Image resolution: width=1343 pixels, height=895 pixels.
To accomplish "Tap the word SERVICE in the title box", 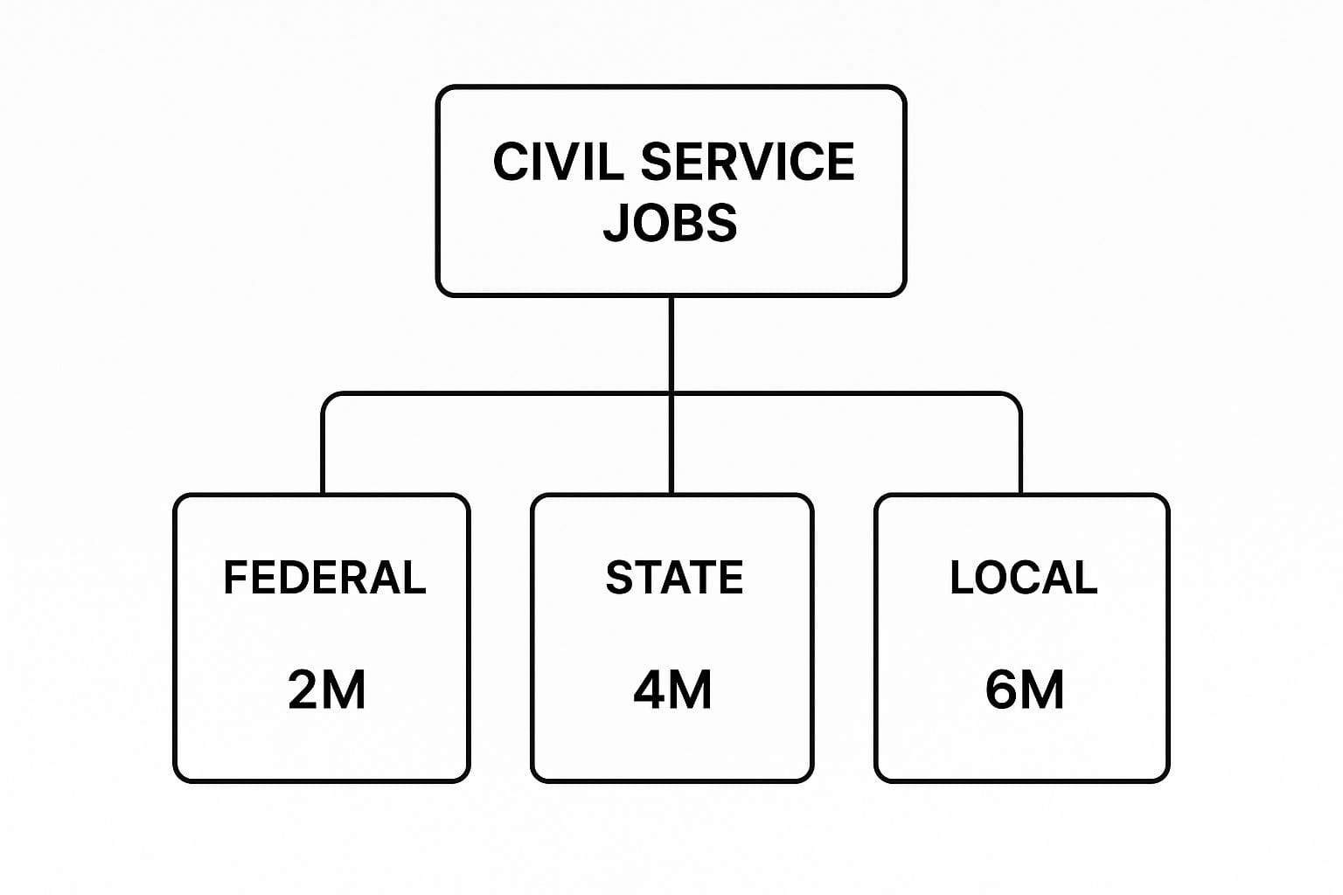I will pyautogui.click(x=748, y=163).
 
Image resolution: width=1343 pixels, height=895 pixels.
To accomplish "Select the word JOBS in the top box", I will pyautogui.click(x=671, y=223).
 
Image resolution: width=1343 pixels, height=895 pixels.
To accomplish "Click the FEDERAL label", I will pyautogui.click(x=324, y=578).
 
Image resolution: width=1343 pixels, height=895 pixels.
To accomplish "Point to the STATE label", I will pyautogui.click(x=674, y=578).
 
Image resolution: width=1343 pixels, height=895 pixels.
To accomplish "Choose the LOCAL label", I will pyautogui.click(x=1023, y=578).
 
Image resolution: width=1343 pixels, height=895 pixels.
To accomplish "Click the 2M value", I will pyautogui.click(x=326, y=690).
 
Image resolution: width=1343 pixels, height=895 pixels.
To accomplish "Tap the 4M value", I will pyautogui.click(x=672, y=690).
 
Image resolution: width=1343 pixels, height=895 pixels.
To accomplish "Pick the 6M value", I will pyautogui.click(x=1024, y=690).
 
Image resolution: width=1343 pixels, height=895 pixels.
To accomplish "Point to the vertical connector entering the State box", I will pyautogui.click(x=671, y=446).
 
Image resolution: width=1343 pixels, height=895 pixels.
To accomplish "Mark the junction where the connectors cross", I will pyautogui.click(x=671, y=393).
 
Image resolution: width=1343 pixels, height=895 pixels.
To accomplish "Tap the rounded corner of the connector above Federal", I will pyautogui.click(x=327, y=399).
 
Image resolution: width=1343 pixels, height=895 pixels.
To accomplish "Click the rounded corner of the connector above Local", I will pyautogui.click(x=1015, y=399).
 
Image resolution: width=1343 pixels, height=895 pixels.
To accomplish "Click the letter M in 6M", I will pyautogui.click(x=1042, y=690).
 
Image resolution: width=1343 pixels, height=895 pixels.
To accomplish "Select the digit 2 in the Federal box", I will pyautogui.click(x=303, y=690).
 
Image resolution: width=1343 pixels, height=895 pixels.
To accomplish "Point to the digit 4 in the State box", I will pyautogui.click(x=651, y=690).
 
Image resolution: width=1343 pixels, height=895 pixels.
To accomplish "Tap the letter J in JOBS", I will pyautogui.click(x=617, y=223).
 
